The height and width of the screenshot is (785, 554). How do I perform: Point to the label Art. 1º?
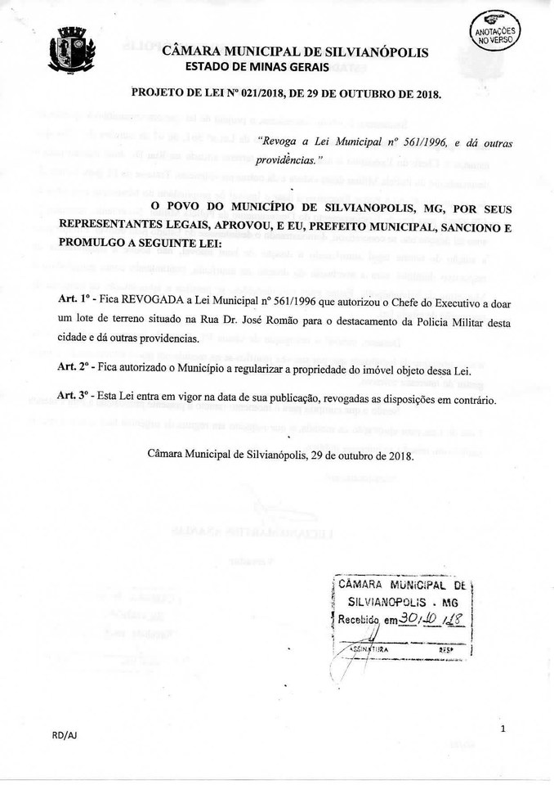point(75,301)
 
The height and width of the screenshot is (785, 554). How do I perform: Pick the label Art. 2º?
point(75,348)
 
